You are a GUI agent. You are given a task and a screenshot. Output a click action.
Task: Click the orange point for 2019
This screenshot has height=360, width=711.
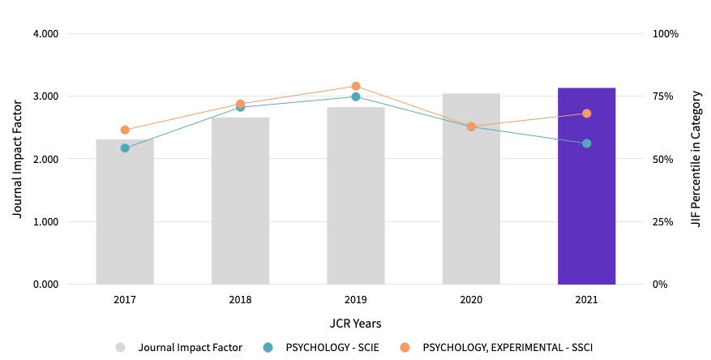click(356, 86)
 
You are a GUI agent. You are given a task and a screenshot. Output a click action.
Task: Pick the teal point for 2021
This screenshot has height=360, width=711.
click(586, 144)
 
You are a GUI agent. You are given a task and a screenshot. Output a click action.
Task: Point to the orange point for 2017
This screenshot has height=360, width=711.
click(125, 130)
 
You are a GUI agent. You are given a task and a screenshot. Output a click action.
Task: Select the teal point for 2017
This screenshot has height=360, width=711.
click(125, 148)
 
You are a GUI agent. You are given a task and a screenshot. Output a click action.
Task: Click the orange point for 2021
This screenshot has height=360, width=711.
click(586, 114)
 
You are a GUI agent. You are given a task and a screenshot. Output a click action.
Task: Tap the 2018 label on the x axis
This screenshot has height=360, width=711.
click(240, 299)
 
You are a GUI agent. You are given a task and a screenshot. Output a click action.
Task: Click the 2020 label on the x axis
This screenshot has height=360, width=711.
click(471, 299)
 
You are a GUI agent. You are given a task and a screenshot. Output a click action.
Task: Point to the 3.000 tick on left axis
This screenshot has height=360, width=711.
click(45, 96)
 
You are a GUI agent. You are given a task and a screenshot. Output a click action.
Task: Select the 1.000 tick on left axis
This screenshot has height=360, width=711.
click(45, 222)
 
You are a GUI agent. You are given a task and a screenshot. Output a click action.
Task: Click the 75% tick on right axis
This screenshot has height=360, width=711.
click(663, 96)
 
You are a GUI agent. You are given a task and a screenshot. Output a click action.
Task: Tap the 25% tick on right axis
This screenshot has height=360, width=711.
click(663, 222)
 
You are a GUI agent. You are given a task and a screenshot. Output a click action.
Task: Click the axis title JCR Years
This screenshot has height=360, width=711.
click(356, 323)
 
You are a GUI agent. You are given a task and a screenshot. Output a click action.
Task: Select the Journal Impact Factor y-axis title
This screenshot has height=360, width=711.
click(17, 159)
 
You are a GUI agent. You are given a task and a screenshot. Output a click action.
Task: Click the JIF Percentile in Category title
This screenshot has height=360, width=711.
click(696, 159)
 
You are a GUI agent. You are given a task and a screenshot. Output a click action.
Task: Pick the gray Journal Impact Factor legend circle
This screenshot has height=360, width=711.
click(120, 347)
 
